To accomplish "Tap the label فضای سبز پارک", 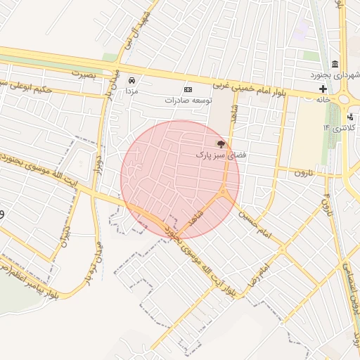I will point(212,153).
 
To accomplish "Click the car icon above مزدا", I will point(131,80).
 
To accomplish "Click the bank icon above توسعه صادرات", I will point(188,89).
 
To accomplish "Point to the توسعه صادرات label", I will point(188,100).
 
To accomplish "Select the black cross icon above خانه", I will point(323,89).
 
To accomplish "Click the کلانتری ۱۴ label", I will point(340,127).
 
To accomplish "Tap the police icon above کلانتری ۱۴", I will point(349,117).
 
